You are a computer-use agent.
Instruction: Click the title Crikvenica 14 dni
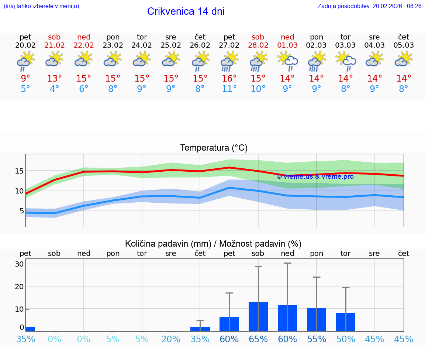coord(186,11)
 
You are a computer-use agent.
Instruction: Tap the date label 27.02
coord(229,45)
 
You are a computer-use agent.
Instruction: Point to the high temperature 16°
coord(229,79)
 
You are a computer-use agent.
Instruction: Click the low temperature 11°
coord(229,89)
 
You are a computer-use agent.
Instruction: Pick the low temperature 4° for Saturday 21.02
coord(54,89)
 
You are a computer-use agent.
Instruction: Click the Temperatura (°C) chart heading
coord(214,148)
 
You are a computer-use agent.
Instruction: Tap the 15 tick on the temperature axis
coord(20,171)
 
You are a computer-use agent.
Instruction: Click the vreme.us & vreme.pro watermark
coord(315,176)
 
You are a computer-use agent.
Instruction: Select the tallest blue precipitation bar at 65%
coord(258,316)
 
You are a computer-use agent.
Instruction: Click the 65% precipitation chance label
coord(258,339)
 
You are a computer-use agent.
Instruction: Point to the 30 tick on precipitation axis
coord(20,264)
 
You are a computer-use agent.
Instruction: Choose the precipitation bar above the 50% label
coord(345,322)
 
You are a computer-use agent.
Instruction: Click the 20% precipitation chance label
coord(171,339)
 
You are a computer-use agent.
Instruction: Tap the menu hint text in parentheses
coord(41,6)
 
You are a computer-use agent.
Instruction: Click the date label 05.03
coord(404,45)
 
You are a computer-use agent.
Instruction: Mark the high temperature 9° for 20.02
coord(25,79)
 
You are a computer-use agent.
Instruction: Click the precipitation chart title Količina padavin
coord(213,244)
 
